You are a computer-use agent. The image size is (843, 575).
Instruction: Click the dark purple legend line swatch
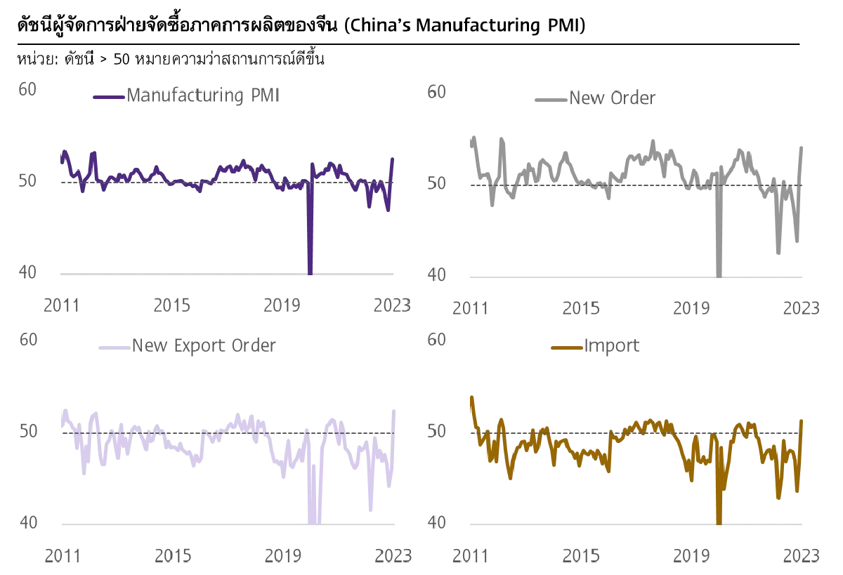107,97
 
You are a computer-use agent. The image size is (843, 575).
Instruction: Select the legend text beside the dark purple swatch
202,96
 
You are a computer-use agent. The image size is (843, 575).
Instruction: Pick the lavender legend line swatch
112,346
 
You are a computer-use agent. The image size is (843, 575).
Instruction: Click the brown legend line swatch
567,347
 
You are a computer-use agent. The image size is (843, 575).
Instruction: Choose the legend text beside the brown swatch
611,346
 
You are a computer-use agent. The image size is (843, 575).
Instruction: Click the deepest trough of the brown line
719,521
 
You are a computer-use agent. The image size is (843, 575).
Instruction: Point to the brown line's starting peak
471,397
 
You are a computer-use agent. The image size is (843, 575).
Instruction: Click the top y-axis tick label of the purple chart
27,87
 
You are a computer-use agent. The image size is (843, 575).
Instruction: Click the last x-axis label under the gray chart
802,307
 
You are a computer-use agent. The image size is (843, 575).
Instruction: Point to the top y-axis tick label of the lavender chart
27,339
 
